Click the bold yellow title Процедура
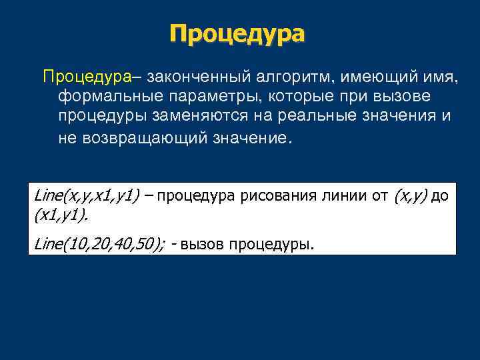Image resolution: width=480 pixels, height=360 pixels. tap(237, 33)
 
